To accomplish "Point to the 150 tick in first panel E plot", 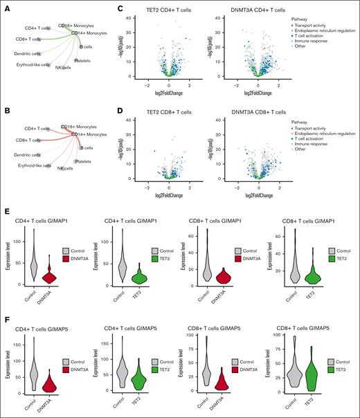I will pos(19,242).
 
